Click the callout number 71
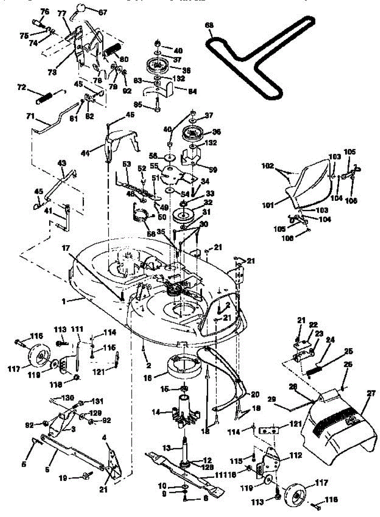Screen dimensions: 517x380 coord(30,116)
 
